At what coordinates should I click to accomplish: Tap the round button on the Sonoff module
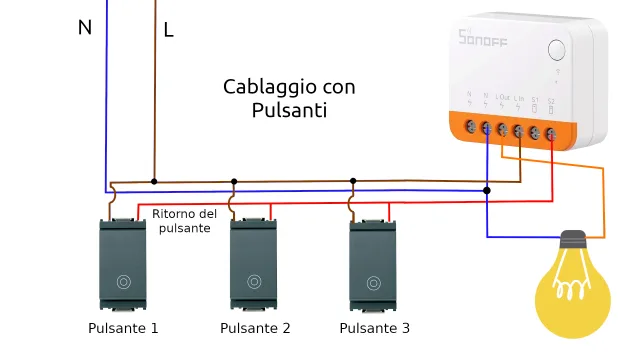click(557, 50)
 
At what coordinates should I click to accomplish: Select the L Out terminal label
click(501, 99)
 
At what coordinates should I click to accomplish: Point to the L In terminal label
click(518, 99)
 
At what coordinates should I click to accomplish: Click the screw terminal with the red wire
click(551, 130)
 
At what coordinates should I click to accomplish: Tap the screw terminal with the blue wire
click(486, 128)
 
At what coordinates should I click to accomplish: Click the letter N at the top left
click(85, 28)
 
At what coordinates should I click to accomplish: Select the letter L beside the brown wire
click(168, 31)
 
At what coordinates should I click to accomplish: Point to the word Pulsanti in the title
click(289, 110)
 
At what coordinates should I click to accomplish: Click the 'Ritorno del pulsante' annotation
click(184, 221)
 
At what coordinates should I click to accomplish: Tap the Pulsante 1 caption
click(123, 328)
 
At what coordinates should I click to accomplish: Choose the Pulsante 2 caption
click(255, 328)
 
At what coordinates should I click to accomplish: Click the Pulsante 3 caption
click(374, 328)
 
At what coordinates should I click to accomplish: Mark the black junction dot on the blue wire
click(487, 189)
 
